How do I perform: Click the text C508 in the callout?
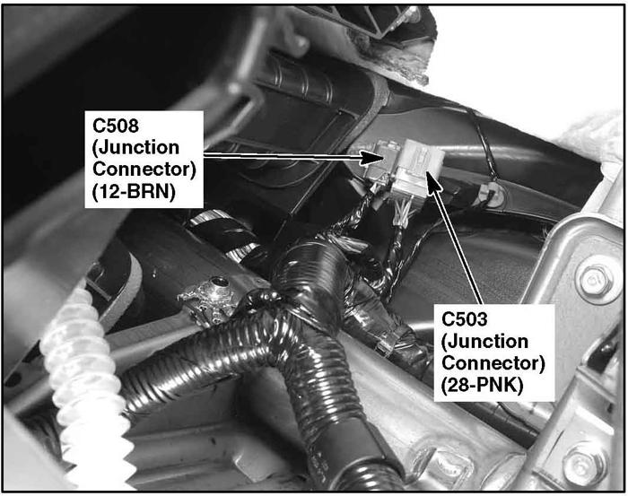[x=116, y=126]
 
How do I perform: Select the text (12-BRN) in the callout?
[x=134, y=192]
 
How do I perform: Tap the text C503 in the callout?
[x=465, y=319]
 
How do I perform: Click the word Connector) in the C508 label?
[x=144, y=170]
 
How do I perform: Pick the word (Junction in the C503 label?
[x=484, y=342]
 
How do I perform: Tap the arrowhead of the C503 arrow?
[x=432, y=181]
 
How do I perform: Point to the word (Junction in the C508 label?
[x=135, y=148]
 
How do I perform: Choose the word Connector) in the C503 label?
[x=493, y=363]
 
